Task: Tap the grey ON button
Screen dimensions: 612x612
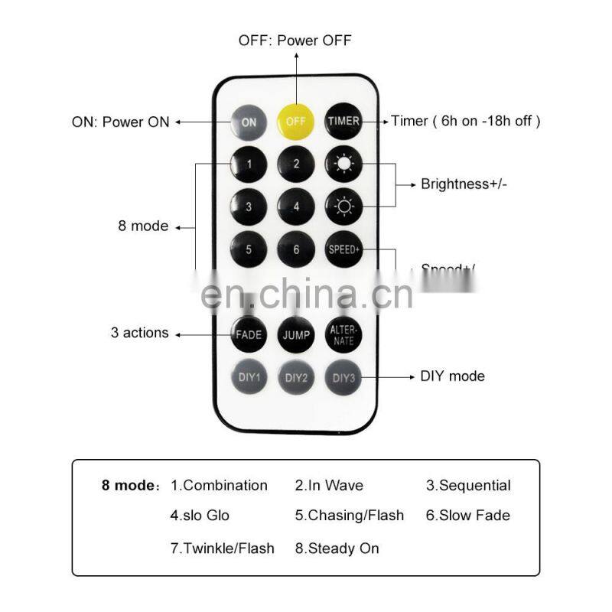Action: (x=249, y=122)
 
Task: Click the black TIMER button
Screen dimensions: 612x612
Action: (x=343, y=122)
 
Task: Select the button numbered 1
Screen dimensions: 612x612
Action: (x=249, y=164)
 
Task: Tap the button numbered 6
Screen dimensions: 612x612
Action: (x=296, y=249)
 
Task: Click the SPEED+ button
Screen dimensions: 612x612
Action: (x=343, y=249)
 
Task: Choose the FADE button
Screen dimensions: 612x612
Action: (x=249, y=335)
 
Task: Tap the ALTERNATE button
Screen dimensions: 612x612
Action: (x=343, y=335)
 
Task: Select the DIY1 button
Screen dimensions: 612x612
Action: (x=249, y=376)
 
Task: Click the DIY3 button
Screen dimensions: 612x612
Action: (x=343, y=376)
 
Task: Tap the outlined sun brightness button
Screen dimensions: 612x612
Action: (x=343, y=206)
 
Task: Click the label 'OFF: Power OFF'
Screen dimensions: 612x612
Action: (x=295, y=40)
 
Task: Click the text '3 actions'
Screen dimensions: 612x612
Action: (x=139, y=333)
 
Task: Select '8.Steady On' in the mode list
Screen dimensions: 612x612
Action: (x=337, y=549)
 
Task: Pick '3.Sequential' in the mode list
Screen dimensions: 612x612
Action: (x=468, y=486)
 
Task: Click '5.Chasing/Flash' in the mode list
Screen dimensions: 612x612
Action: (x=350, y=516)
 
